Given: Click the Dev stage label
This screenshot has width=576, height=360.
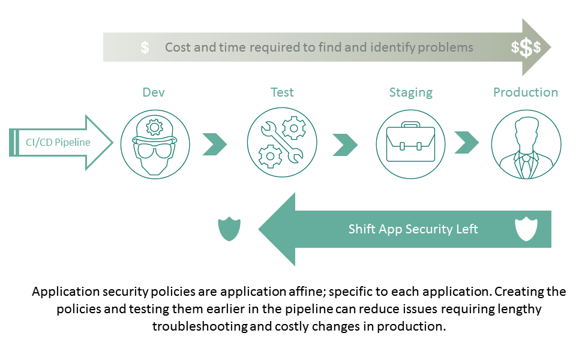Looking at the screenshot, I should [154, 92].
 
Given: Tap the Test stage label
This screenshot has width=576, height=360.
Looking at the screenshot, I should [282, 92].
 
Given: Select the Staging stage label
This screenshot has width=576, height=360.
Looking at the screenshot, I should [410, 92].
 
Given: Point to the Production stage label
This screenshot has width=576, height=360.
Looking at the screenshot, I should [526, 92].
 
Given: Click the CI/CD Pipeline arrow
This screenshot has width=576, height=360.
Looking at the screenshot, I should [60, 142].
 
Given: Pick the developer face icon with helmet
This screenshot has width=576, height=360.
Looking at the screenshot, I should [155, 144].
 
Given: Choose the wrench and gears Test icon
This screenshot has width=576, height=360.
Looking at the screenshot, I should [282, 143].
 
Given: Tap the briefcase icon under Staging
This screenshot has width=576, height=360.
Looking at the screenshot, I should [410, 143].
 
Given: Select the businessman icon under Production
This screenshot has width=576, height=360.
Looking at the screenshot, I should [526, 144].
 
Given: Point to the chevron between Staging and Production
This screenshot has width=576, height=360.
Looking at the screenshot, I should [466, 143].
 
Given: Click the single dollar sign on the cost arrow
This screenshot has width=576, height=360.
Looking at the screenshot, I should [145, 48].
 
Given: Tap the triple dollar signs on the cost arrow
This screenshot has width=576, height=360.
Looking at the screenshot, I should [526, 48].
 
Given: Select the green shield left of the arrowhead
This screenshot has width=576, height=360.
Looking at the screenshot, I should [229, 229].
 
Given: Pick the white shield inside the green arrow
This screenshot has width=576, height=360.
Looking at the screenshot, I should [526, 229].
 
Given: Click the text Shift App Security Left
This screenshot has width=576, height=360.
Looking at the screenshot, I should [413, 229].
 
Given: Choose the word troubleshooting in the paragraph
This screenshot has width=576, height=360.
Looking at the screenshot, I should [199, 327].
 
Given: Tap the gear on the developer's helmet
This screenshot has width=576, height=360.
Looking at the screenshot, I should [155, 127].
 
